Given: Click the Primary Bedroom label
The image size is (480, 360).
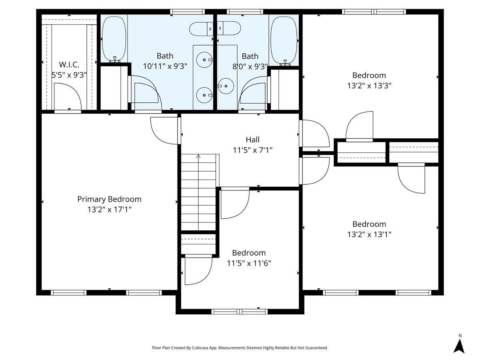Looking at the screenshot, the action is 109,199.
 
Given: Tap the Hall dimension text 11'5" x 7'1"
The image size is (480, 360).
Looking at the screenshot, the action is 252,150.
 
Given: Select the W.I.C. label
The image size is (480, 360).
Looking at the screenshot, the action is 69,65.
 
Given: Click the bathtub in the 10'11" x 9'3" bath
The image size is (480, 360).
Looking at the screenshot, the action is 114,39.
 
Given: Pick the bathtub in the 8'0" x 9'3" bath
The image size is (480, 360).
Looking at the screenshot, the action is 284,41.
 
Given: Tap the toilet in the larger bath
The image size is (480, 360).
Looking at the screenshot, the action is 201,29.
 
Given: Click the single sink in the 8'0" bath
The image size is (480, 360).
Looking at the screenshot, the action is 226,86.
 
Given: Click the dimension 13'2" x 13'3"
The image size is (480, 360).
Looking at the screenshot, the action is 369,86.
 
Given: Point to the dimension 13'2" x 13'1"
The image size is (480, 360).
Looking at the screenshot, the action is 369,234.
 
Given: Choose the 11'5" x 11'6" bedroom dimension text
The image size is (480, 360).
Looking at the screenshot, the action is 249,263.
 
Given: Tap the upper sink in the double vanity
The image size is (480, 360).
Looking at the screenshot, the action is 204,60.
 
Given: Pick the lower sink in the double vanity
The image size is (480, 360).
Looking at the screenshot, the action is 204,95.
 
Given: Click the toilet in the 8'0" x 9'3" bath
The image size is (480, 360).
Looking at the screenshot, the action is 229,28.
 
